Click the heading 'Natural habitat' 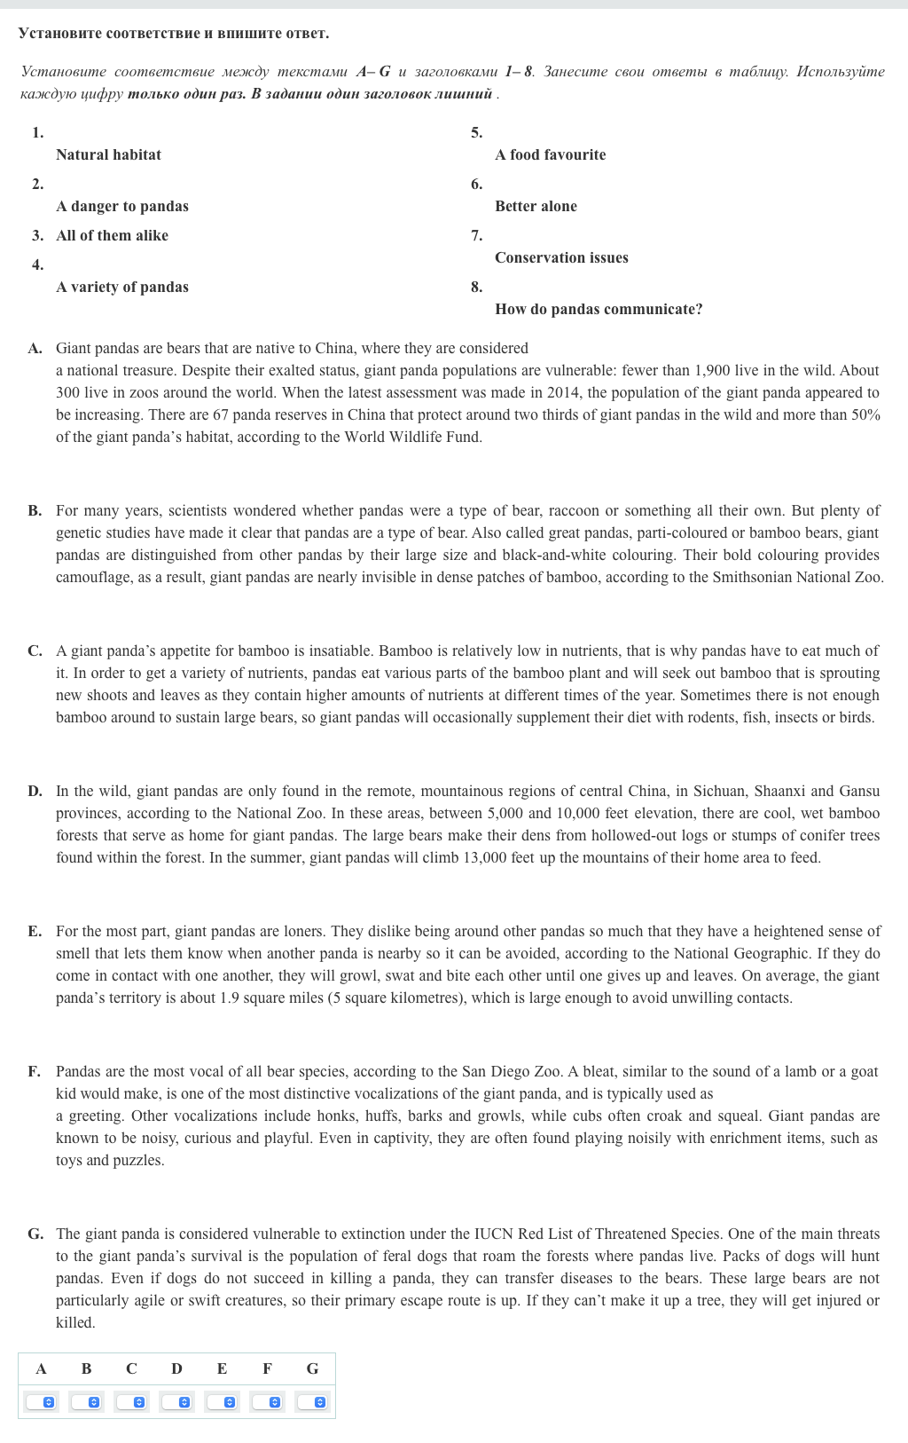coord(108,154)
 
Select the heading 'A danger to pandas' coord(121,206)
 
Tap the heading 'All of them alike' coord(112,235)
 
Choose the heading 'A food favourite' coord(550,154)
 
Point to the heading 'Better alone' coord(536,206)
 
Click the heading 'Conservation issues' coord(561,257)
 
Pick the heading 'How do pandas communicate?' coord(599,309)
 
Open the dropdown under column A coord(41,1402)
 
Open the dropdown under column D coord(176,1402)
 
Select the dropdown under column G coord(312,1402)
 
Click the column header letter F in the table coord(267,1368)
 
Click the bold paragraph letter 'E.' coord(35,931)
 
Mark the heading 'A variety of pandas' coord(121,287)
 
